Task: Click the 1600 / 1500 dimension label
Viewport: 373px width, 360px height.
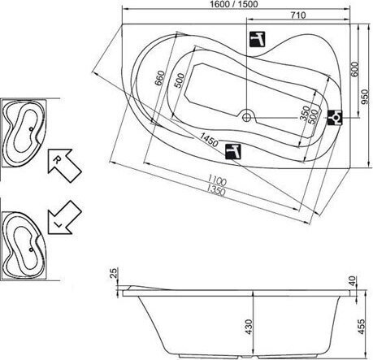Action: coord(234,4)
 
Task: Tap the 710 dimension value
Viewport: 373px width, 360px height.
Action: coord(298,15)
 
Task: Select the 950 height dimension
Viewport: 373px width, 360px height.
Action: coord(366,97)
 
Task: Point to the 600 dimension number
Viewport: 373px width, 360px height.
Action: coord(354,69)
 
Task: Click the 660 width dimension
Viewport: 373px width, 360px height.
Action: coord(160,78)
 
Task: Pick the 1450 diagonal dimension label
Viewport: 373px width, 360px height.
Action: coord(209,139)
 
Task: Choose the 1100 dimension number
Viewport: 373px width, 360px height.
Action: coord(217,180)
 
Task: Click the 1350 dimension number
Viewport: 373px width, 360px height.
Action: coord(215,190)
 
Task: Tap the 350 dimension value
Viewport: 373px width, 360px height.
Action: coord(306,113)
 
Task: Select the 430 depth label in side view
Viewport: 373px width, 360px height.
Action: coord(249,327)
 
